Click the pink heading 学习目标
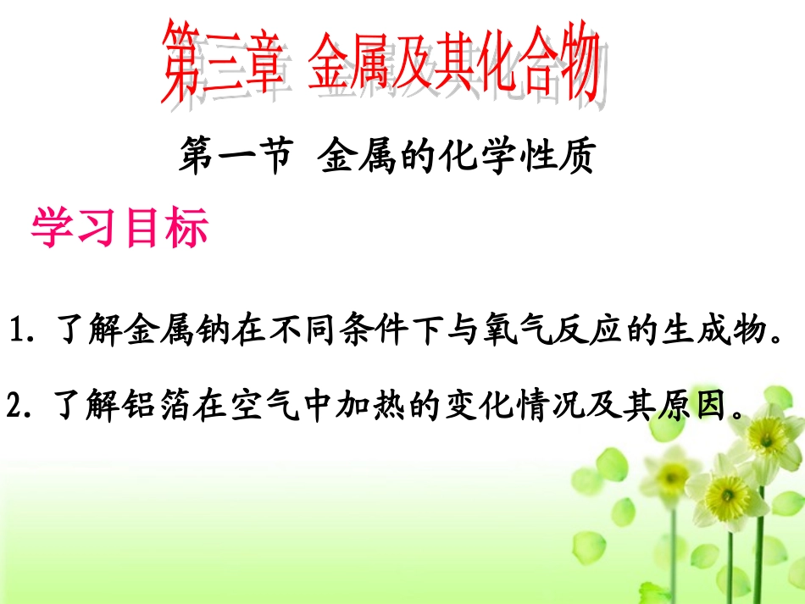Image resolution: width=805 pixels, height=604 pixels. pyautogui.click(x=119, y=229)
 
